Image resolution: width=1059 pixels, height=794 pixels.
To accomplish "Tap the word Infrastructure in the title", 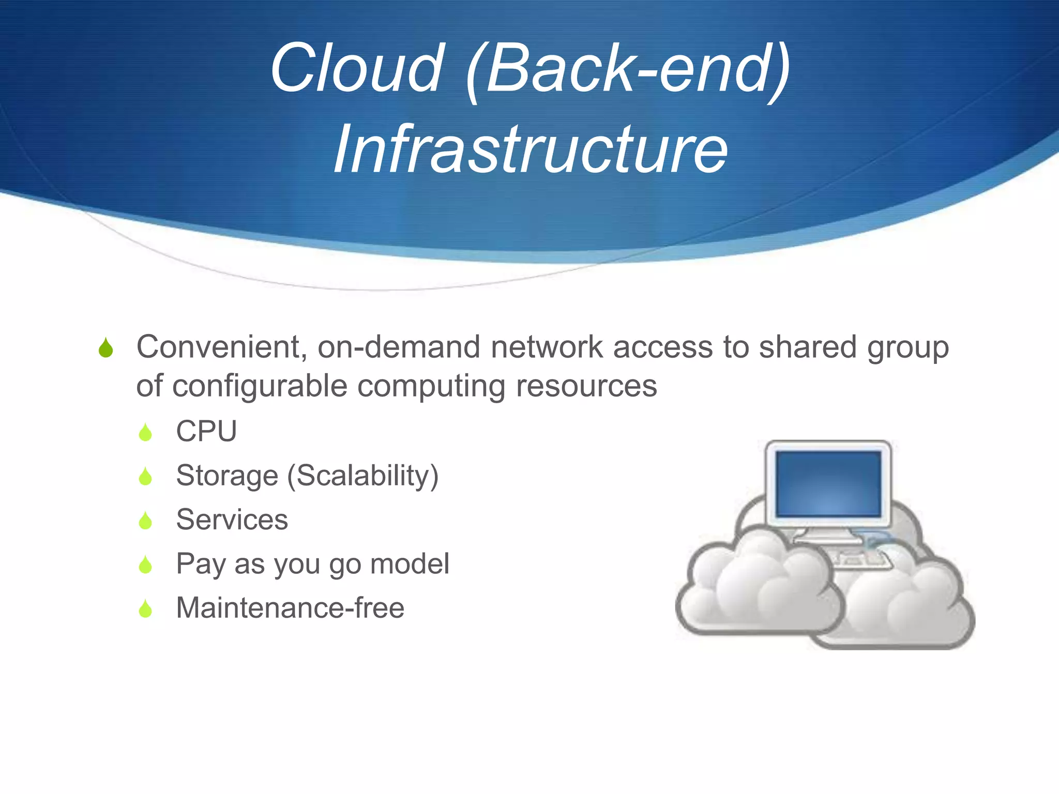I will click(x=531, y=149).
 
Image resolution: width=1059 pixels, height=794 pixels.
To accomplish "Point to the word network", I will click(x=547, y=346).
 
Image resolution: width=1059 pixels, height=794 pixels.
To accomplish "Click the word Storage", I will click(x=227, y=476).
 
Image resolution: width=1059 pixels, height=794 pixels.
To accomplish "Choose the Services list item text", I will click(x=232, y=520).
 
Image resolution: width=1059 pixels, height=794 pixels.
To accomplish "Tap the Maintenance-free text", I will click(x=290, y=608).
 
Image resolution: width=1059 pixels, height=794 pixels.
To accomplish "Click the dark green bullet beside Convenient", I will click(x=105, y=348).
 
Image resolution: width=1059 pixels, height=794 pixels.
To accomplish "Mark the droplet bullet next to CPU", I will click(x=145, y=432).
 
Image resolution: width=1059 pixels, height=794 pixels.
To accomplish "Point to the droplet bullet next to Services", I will click(x=145, y=521).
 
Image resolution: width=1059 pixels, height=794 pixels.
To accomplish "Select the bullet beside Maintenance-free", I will click(x=145, y=609).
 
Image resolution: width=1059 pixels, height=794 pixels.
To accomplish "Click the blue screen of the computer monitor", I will click(x=828, y=483).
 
